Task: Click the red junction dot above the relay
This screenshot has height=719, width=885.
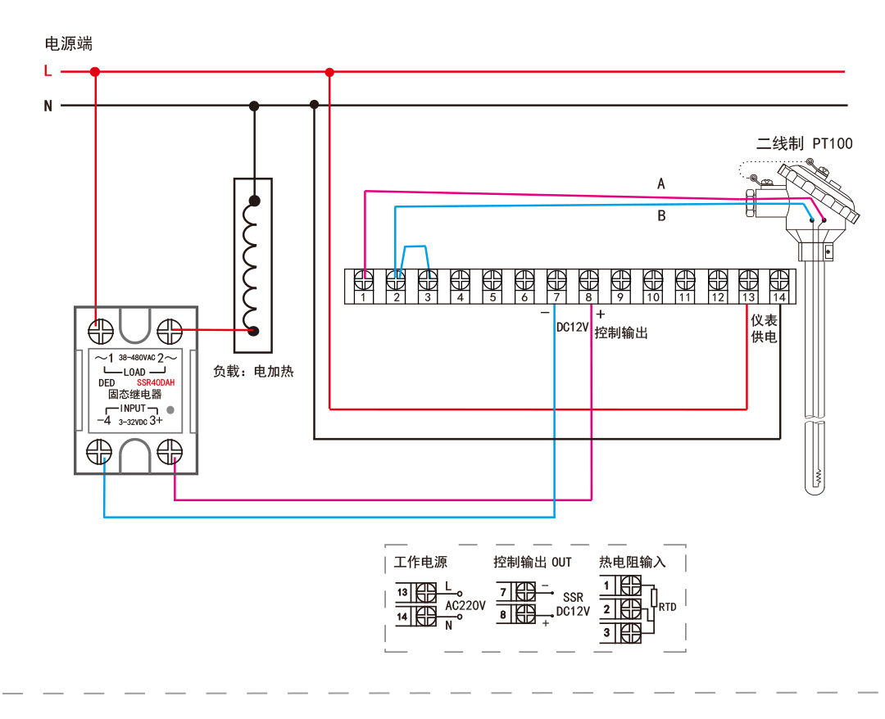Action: [x=95, y=72]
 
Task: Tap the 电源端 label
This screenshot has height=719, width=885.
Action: [x=68, y=43]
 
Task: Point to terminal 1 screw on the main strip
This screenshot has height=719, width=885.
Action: [x=363, y=279]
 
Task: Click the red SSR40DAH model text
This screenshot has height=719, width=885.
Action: [x=156, y=382]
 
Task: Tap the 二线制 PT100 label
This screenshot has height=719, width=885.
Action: [x=804, y=144]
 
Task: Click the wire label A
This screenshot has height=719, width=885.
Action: [x=661, y=184]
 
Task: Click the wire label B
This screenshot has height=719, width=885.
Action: [x=661, y=216]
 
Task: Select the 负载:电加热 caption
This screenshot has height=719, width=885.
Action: [x=253, y=371]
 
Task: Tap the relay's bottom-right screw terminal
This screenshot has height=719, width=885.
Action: [x=169, y=452]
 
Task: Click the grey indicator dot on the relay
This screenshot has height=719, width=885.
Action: [x=170, y=409]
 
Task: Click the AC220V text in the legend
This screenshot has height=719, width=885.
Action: [x=465, y=606]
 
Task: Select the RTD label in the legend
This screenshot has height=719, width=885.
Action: [x=668, y=608]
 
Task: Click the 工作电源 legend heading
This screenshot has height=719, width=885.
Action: [x=420, y=563]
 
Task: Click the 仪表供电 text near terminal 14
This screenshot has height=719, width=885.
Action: [x=764, y=329]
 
